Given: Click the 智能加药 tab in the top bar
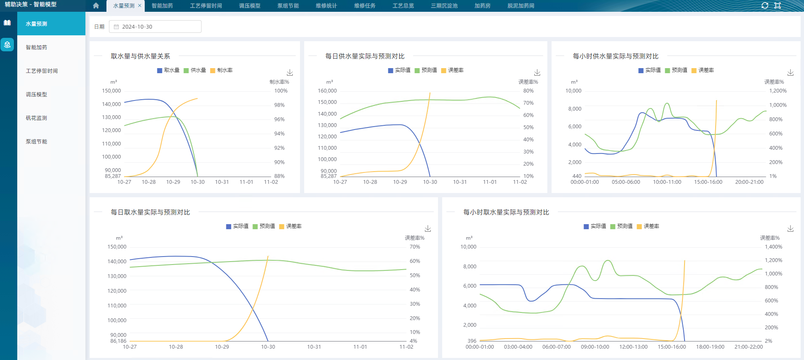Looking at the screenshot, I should (x=162, y=6).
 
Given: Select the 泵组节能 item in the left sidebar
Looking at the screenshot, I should (x=37, y=142).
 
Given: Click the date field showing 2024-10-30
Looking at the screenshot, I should (x=155, y=26).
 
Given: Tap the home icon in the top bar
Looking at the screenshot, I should (x=96, y=6).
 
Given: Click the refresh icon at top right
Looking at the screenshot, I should (x=765, y=5).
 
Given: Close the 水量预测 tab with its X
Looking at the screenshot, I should (x=140, y=6).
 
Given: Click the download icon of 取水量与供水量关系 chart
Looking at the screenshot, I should (x=290, y=73).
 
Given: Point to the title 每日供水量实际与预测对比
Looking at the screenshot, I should (x=365, y=56).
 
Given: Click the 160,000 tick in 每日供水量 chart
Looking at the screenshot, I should (x=327, y=91).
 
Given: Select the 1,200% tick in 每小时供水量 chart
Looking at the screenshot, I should (x=777, y=91).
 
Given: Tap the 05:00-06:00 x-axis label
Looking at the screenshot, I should (x=626, y=182).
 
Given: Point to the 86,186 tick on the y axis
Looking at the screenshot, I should (x=118, y=341).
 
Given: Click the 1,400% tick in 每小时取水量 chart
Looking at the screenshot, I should (x=773, y=247).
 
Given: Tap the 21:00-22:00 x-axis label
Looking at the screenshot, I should (x=748, y=347).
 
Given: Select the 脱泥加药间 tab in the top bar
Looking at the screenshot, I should (x=520, y=6).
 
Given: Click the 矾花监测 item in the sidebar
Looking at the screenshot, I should (x=37, y=118).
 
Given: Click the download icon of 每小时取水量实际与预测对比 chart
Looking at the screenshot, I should (x=791, y=229).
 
